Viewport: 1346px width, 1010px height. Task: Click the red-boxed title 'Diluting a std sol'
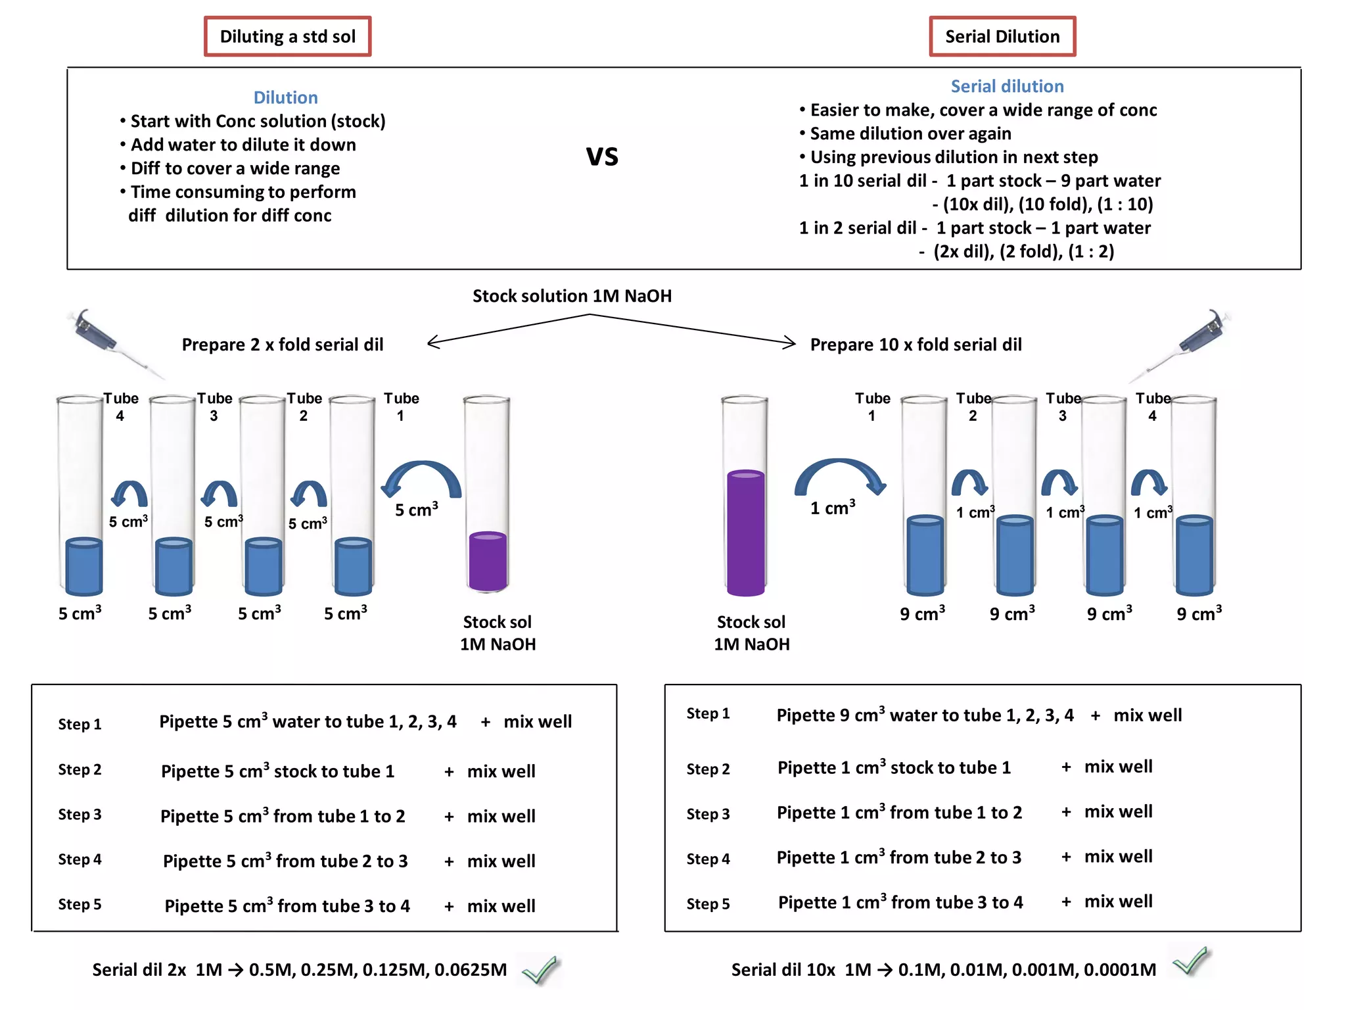(x=287, y=37)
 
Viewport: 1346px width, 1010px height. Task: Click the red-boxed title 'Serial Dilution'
(x=1002, y=37)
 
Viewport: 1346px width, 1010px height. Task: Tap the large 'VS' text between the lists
(x=602, y=156)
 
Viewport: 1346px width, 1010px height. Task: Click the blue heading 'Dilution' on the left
(x=285, y=97)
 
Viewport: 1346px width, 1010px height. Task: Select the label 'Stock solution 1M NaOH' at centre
(x=572, y=296)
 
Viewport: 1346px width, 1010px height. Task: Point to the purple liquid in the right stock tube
(x=745, y=533)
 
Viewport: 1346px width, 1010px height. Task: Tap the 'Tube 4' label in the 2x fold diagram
(x=120, y=406)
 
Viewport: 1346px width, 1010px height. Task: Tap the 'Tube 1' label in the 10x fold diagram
(x=872, y=406)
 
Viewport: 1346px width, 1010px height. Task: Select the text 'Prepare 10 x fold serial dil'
(x=916, y=345)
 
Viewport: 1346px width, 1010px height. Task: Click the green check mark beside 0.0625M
(x=540, y=969)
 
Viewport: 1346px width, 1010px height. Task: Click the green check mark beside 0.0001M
(x=1191, y=961)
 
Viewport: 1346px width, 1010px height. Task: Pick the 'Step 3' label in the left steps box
(x=80, y=814)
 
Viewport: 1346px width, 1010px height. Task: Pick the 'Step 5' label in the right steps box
(x=708, y=903)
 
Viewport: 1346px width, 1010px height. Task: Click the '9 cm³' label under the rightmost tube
(x=1199, y=613)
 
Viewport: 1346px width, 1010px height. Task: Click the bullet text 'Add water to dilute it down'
(x=243, y=145)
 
